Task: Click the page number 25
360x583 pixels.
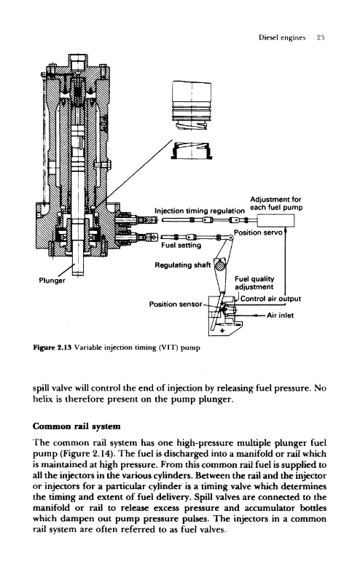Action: click(321, 38)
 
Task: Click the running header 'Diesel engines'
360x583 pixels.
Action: click(282, 38)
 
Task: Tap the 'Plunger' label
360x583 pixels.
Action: click(52, 281)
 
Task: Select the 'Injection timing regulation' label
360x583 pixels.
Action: click(200, 211)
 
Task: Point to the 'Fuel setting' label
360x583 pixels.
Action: click(181, 246)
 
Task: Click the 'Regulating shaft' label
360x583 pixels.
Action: click(183, 265)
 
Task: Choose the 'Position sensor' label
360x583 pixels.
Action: click(176, 304)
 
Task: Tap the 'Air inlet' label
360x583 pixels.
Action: click(280, 316)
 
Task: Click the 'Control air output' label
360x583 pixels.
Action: click(271, 299)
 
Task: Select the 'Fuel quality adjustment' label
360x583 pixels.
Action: click(254, 283)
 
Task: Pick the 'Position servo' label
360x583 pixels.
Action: click(258, 232)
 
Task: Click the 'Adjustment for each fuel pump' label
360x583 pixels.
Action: click(276, 203)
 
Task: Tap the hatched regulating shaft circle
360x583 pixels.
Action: click(220, 266)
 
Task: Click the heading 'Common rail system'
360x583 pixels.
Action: click(77, 426)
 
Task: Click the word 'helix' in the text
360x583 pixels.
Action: click(42, 399)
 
